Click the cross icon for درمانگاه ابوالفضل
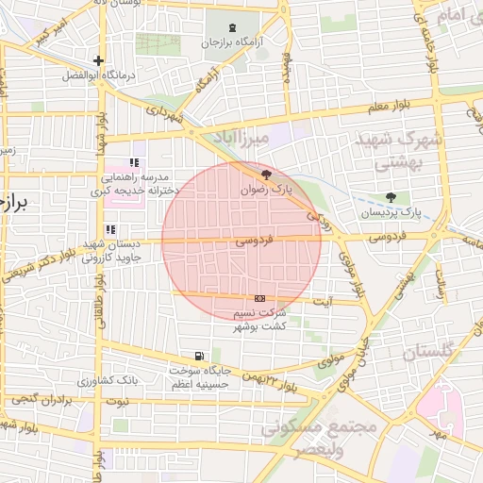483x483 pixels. click(99, 61)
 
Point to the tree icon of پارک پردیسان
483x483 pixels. click(391, 196)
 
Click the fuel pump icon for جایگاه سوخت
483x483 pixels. click(199, 356)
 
